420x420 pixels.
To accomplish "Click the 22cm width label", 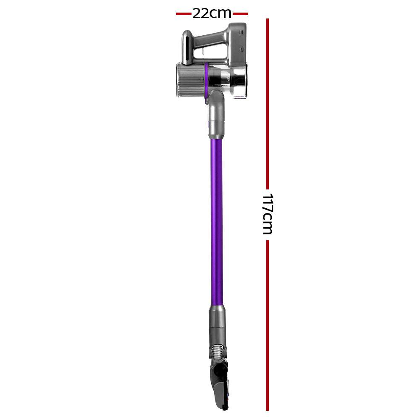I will coord(212,13).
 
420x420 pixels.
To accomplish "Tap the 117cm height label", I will coord(267,214).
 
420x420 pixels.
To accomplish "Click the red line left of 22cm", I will coord(184,14).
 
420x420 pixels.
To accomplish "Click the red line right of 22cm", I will coord(240,14).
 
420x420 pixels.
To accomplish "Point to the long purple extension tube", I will coord(216,218).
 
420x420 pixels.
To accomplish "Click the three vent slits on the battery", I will coord(241,32).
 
